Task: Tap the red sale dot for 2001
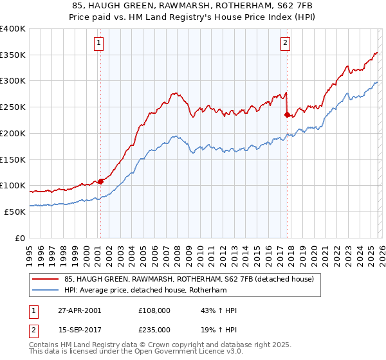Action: click(x=100, y=181)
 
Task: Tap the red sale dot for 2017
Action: click(x=287, y=115)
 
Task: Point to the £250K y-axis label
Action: click(x=13, y=107)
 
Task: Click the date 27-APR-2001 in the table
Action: click(x=79, y=310)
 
